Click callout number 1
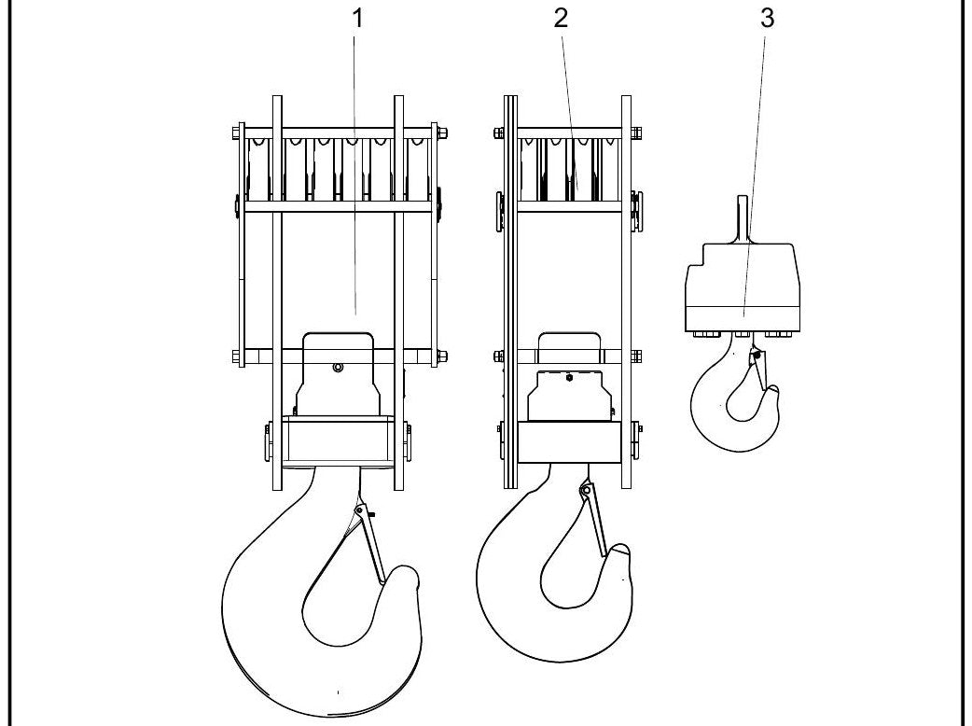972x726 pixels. pos(356,19)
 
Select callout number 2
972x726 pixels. pos(561,19)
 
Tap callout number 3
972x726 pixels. pos(767,19)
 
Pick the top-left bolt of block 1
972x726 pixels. pos(236,133)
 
